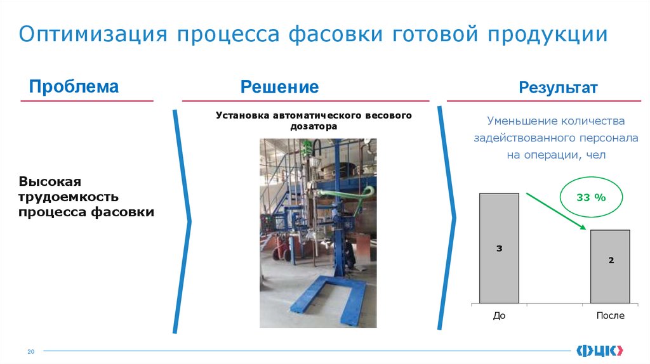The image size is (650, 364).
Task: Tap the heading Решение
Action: click(279, 87)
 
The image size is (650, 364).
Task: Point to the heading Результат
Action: click(558, 88)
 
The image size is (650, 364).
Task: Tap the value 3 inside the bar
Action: click(499, 249)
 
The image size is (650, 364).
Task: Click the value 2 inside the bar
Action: click(611, 260)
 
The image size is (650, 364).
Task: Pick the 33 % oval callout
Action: click(590, 198)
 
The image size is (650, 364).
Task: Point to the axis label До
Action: click(499, 315)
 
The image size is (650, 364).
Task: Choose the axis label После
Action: click(611, 315)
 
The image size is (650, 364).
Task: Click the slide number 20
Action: click(29, 352)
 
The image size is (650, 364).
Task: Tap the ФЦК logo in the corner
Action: click(600, 350)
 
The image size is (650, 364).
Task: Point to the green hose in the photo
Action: click(343, 194)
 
